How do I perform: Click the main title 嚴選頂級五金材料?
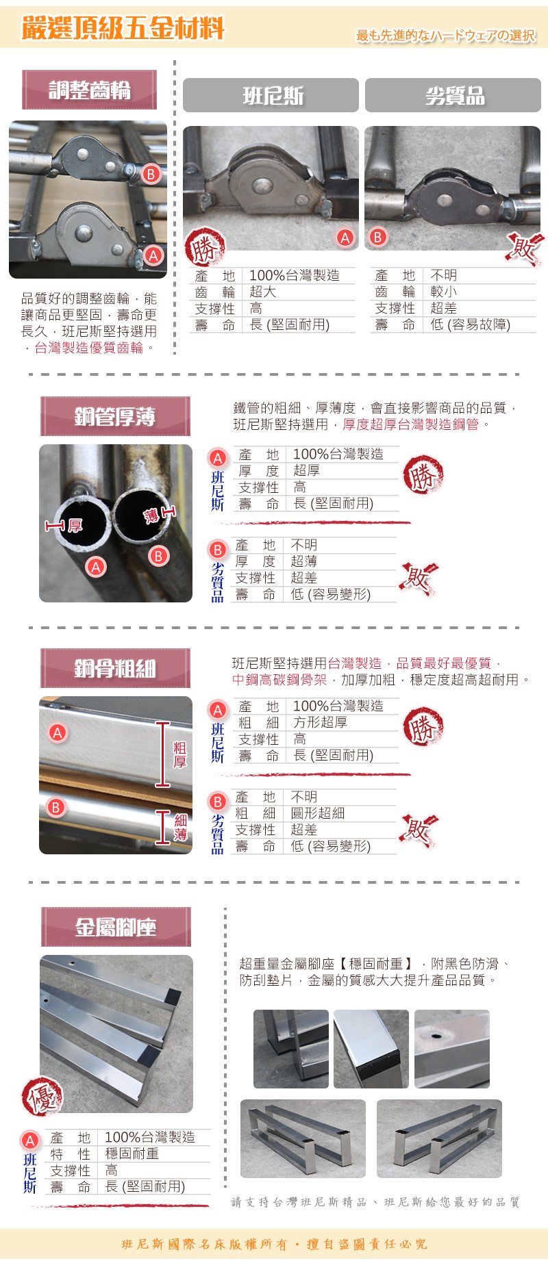(x=123, y=29)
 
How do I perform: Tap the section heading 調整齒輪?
(x=89, y=90)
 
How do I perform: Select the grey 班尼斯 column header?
(x=271, y=95)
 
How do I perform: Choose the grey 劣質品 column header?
(x=453, y=95)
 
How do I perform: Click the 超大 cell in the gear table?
(x=262, y=292)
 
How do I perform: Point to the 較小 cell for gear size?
(x=443, y=292)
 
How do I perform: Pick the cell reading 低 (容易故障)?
(x=470, y=324)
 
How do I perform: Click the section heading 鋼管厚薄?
(x=115, y=416)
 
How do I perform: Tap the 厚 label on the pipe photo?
(x=75, y=525)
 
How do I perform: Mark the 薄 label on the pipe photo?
(x=151, y=515)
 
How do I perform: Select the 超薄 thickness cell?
(x=303, y=561)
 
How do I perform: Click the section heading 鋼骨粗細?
(x=115, y=668)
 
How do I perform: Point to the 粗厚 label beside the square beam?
(x=179, y=754)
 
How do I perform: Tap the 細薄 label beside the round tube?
(x=180, y=827)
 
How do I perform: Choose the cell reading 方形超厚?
(x=320, y=722)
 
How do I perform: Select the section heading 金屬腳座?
(x=116, y=927)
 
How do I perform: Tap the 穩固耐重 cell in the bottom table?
(x=132, y=1153)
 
